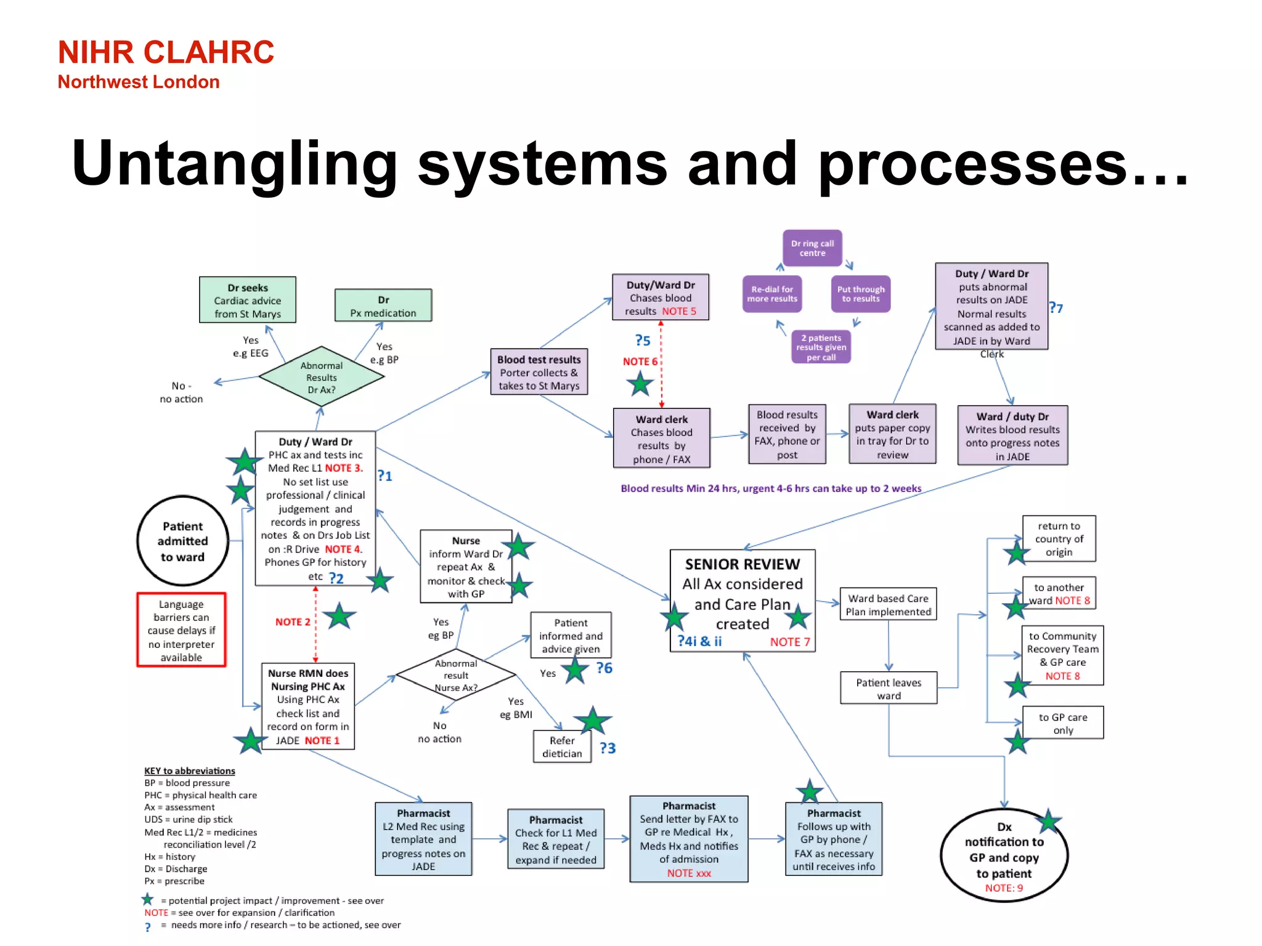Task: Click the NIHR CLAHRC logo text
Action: (165, 52)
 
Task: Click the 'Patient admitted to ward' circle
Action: (182, 541)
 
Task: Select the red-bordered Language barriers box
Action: (181, 630)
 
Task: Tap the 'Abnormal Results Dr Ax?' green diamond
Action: (321, 377)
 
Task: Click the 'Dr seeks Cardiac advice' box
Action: (247, 300)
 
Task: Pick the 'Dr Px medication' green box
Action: (383, 305)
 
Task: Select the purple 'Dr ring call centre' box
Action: (812, 248)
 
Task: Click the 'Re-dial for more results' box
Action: (771, 294)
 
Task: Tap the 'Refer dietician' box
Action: (561, 746)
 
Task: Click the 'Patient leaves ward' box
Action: (888, 688)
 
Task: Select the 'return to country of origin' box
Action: (1058, 539)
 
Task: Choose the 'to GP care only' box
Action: (1062, 723)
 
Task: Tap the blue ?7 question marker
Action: (1056, 308)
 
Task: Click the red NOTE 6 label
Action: (640, 362)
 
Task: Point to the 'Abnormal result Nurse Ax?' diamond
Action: (455, 675)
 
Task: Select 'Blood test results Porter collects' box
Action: (539, 372)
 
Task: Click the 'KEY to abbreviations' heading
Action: (189, 770)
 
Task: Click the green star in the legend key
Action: (147, 899)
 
